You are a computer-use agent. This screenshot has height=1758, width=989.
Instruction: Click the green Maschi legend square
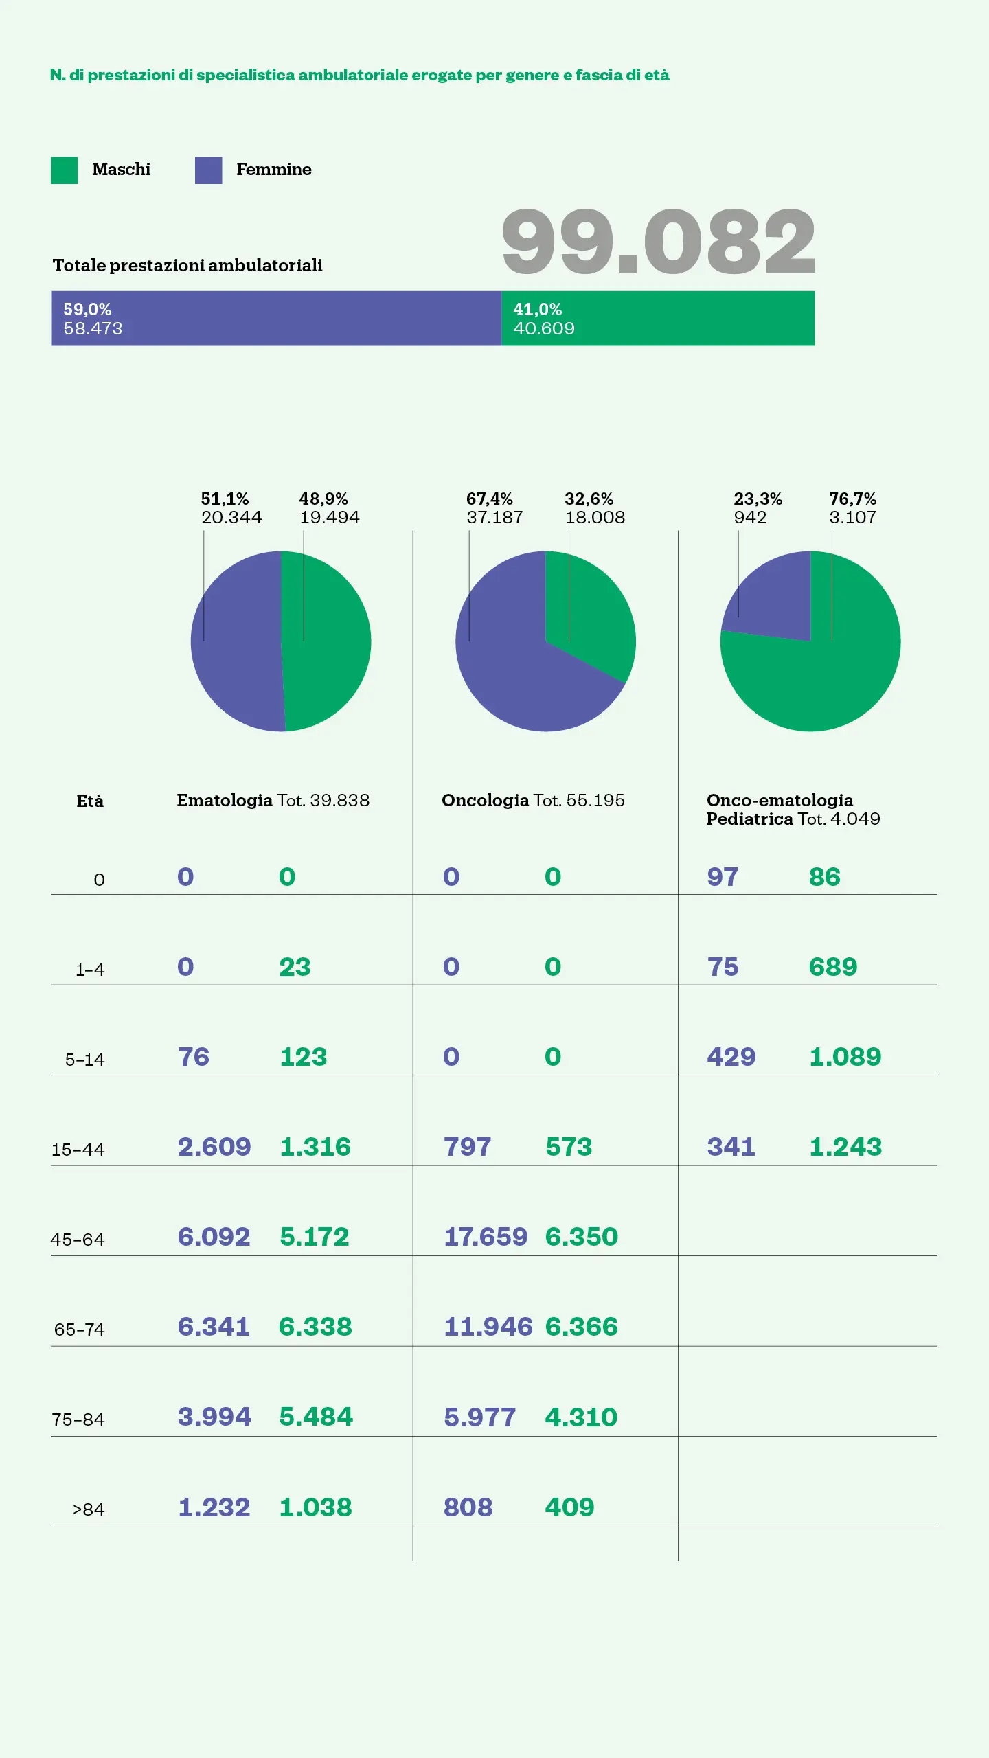(x=64, y=170)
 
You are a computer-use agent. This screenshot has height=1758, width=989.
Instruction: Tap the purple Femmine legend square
(x=208, y=170)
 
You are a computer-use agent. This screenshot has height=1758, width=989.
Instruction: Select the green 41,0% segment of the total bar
(x=658, y=319)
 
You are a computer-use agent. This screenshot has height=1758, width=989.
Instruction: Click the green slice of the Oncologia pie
(x=591, y=611)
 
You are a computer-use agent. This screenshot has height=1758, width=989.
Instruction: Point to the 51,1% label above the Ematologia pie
(x=225, y=499)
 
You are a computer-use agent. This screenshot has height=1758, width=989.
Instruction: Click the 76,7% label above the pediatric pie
(x=852, y=499)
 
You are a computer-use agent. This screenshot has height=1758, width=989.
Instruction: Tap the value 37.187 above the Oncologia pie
(x=494, y=517)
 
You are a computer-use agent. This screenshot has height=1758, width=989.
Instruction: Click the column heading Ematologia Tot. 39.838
(x=273, y=801)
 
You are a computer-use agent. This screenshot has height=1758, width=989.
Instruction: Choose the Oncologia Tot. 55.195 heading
(x=533, y=801)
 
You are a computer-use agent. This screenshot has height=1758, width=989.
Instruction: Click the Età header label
(x=90, y=801)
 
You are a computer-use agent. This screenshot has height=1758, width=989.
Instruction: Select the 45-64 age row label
(x=78, y=1240)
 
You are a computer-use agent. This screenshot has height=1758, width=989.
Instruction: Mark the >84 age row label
(x=89, y=1510)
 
